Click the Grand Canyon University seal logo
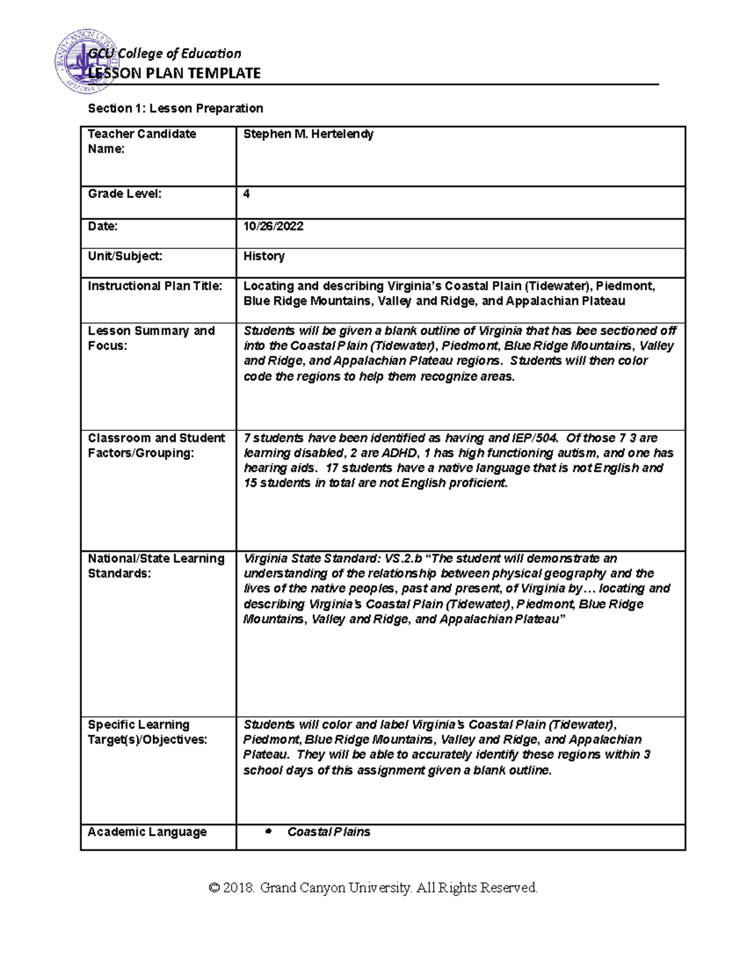87,69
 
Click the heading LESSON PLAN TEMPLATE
174,73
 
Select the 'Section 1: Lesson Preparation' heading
176,108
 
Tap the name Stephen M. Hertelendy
308,134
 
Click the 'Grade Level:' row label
125,194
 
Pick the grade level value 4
247,194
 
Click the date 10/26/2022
273,226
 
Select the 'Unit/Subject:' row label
125,256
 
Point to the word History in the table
264,256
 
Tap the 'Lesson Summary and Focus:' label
151,338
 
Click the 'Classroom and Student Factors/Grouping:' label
156,445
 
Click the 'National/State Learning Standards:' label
156,566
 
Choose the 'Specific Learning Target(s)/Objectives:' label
147,732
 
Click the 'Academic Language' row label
147,832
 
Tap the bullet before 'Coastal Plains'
269,832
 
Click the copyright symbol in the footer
215,888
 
